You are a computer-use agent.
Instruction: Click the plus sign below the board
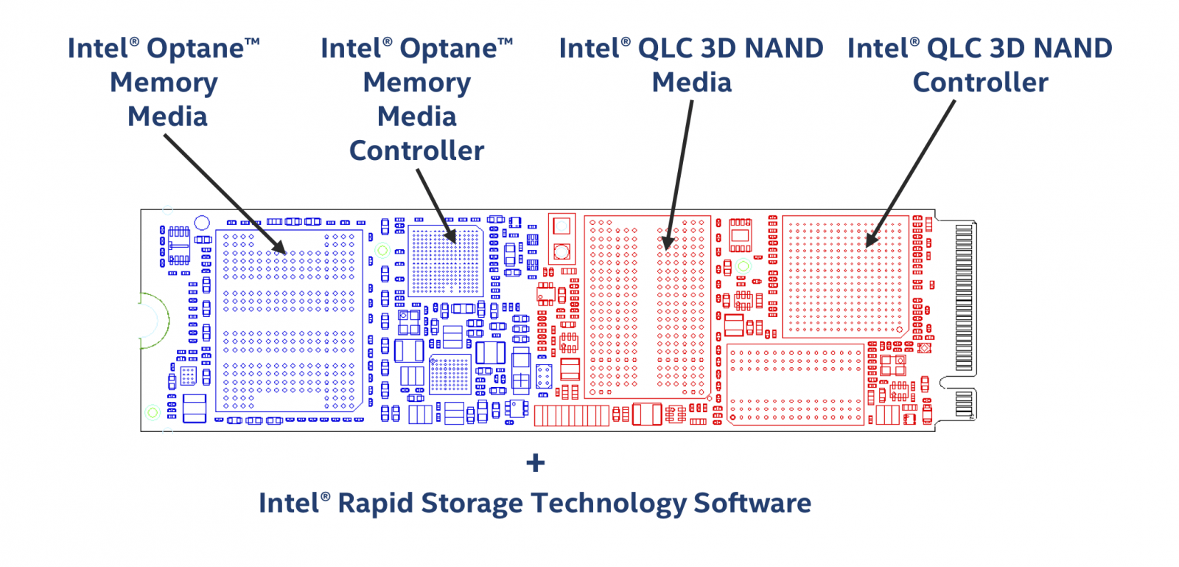coord(536,463)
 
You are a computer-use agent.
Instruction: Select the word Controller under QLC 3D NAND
coord(980,83)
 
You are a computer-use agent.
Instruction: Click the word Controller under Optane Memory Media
coord(416,150)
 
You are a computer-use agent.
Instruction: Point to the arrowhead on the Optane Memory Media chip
coord(279,248)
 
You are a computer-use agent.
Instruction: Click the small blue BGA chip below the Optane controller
coord(449,375)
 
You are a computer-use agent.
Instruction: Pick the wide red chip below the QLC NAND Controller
coord(795,384)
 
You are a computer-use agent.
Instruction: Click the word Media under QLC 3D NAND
coord(691,83)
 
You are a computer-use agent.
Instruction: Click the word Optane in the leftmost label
coord(195,49)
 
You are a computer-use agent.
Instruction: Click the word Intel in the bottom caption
coord(288,503)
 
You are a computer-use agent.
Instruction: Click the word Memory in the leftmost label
coord(164,83)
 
